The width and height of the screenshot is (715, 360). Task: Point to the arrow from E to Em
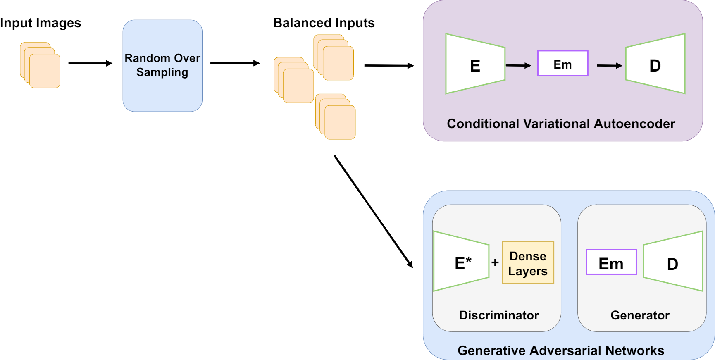pyautogui.click(x=518, y=65)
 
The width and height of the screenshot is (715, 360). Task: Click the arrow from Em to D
pyautogui.click(x=609, y=65)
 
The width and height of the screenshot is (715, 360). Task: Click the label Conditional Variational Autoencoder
pyautogui.click(x=561, y=124)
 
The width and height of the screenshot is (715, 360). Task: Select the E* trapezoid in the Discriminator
pyautogui.click(x=461, y=262)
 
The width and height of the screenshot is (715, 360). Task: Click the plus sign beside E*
pyautogui.click(x=495, y=262)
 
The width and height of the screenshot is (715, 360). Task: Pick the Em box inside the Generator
pyautogui.click(x=611, y=262)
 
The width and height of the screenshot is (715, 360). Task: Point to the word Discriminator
pyautogui.click(x=499, y=315)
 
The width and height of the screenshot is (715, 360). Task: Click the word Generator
pyautogui.click(x=640, y=315)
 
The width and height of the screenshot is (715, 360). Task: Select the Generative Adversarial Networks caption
pyautogui.click(x=561, y=350)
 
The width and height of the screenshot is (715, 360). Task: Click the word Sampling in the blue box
pyautogui.click(x=162, y=72)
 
